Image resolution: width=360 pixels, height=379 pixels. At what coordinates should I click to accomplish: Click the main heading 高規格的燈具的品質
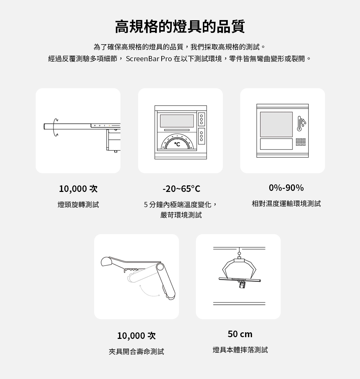[x=180, y=26]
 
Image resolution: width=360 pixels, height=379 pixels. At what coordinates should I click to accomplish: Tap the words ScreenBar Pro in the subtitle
[x=149, y=59]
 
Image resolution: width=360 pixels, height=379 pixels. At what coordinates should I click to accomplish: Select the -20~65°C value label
[x=181, y=189]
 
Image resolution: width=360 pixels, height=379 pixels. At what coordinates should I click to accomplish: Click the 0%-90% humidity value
[x=286, y=188]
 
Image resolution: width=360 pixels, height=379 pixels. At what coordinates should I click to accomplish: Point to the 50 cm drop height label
[x=240, y=334]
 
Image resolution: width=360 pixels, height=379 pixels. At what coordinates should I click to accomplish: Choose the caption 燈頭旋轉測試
[x=78, y=205]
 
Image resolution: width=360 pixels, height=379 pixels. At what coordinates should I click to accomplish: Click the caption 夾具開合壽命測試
[x=136, y=351]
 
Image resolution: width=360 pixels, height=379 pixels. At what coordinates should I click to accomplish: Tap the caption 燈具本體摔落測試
[x=240, y=350]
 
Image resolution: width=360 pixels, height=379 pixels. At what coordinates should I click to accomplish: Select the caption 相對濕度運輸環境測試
[x=286, y=204]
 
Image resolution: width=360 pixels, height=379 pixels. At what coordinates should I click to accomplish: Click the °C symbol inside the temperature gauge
[x=177, y=144]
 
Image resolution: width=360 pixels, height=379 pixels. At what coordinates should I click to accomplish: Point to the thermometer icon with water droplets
[x=301, y=123]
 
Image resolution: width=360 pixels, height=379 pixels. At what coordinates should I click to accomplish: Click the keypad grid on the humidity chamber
[x=301, y=142]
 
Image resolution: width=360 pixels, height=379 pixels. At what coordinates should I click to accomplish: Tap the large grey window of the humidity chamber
[x=276, y=124]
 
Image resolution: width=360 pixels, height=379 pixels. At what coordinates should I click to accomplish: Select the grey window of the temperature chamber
[x=177, y=121]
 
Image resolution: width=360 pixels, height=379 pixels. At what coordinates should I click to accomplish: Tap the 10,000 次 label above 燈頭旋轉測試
[x=78, y=189]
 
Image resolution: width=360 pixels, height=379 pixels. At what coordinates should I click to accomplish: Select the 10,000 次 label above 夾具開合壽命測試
[x=136, y=336]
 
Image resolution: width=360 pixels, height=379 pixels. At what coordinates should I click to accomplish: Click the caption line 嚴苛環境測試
[x=181, y=215]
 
